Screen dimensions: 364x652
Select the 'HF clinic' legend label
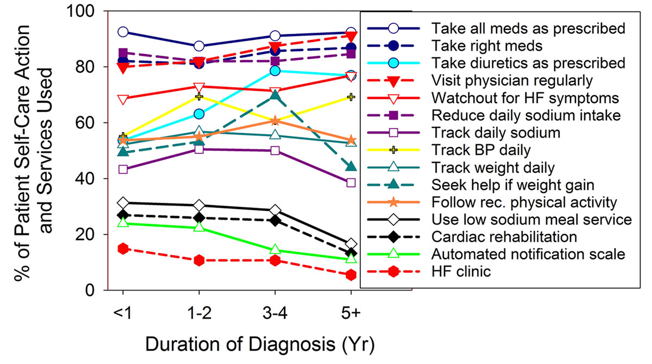coord(461,271)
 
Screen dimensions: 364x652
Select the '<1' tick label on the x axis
coord(123,314)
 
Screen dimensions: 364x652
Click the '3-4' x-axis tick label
coord(275,314)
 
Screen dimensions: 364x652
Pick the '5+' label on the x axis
coord(351,314)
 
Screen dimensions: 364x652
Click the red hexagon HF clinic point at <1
coord(123,248)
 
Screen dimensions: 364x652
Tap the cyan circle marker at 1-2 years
coord(199,114)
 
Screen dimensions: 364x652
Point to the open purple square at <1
coord(123,170)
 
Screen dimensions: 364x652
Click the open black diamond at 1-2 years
coord(199,205)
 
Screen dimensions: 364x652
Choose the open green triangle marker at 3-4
coord(275,250)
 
